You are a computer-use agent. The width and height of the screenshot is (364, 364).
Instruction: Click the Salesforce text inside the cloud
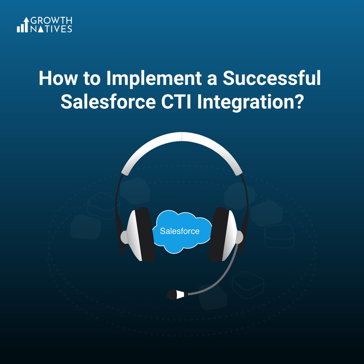pyautogui.click(x=180, y=231)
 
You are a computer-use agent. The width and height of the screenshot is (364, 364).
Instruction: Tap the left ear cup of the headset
pyautogui.click(x=140, y=234)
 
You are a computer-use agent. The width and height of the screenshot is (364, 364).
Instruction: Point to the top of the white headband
pyautogui.click(x=182, y=136)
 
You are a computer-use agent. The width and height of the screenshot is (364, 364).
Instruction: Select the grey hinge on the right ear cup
pyautogui.click(x=240, y=237)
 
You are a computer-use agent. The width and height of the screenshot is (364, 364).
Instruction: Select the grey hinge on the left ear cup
pyautogui.click(x=124, y=237)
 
